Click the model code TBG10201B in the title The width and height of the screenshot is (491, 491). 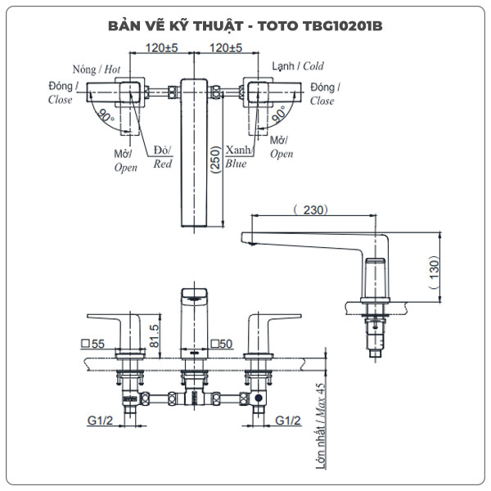click(336, 25)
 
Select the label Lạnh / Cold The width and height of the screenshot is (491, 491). click(297, 66)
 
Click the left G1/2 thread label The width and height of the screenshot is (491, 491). click(101, 421)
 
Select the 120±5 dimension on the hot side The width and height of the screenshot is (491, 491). click(160, 48)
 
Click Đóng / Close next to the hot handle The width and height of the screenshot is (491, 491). click(63, 92)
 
